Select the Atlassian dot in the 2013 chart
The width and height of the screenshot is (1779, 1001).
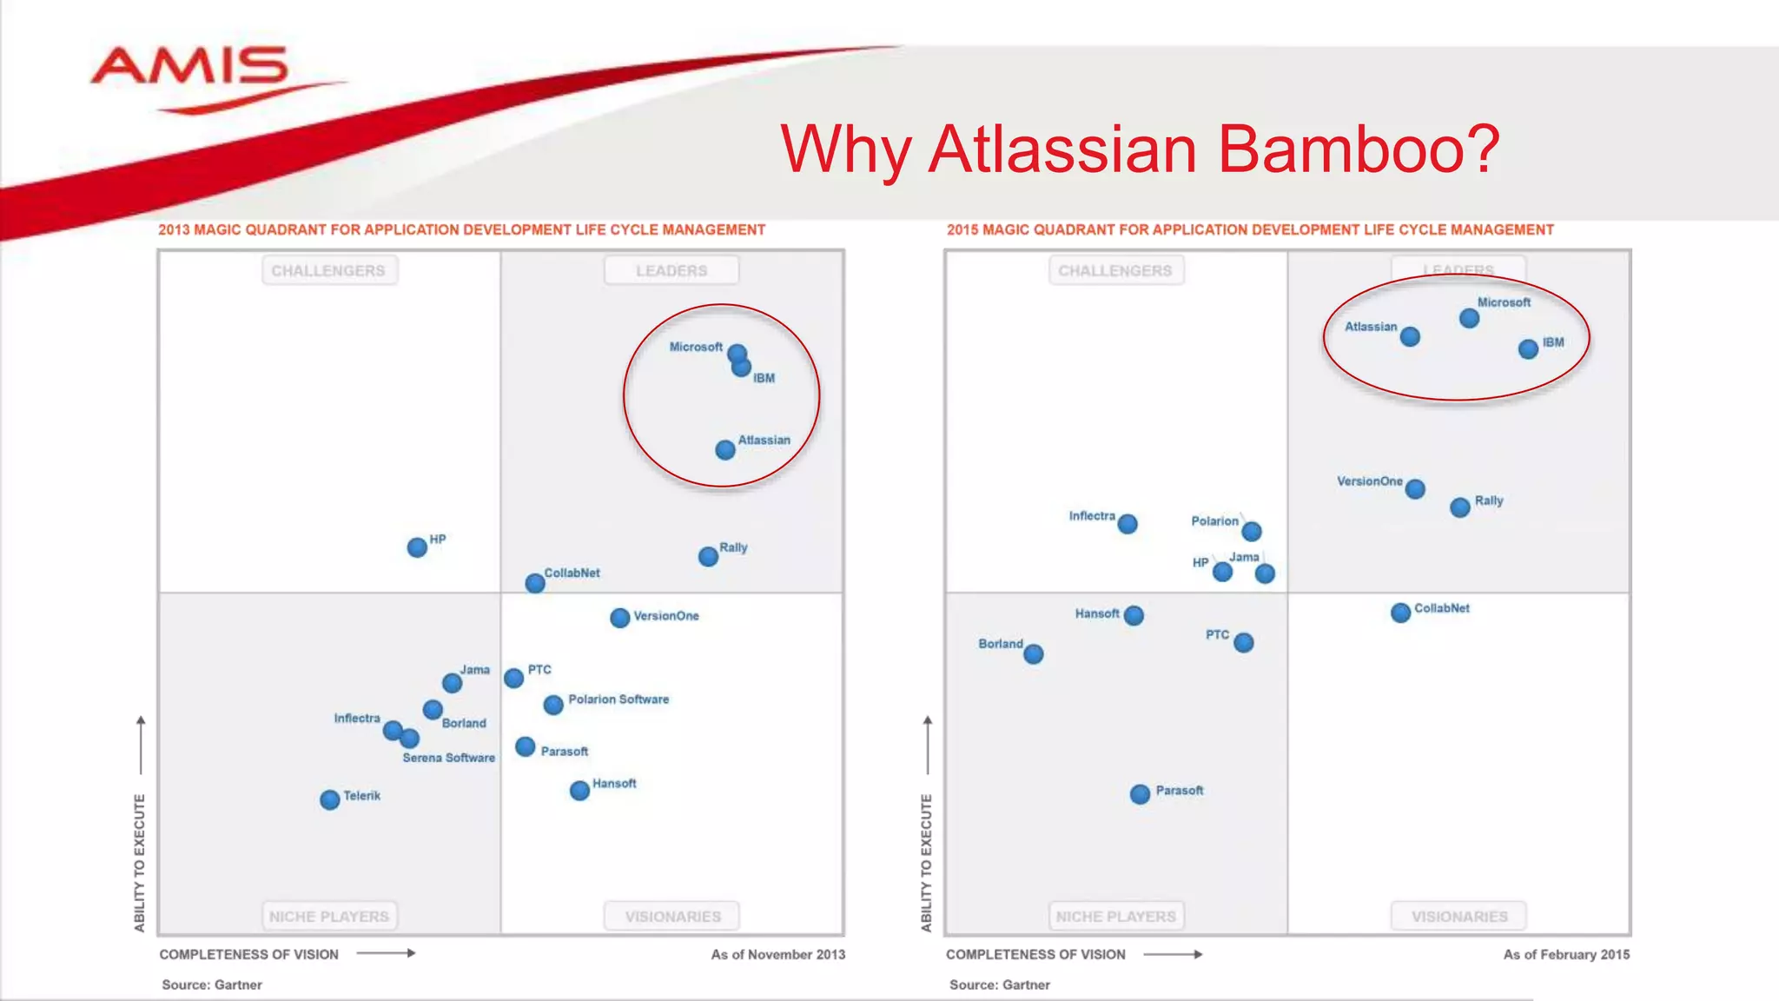pyautogui.click(x=725, y=450)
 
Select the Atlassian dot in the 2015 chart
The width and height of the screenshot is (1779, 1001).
pyautogui.click(x=1410, y=337)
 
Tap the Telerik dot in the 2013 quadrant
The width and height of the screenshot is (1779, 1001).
pyautogui.click(x=330, y=799)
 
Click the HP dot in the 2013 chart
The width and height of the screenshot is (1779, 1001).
pyautogui.click(x=417, y=547)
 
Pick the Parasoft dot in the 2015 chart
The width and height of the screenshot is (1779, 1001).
pyautogui.click(x=1140, y=794)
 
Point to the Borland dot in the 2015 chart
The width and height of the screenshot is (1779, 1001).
pyautogui.click(x=1033, y=654)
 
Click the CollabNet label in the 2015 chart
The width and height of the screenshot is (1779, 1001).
pyautogui.click(x=1442, y=608)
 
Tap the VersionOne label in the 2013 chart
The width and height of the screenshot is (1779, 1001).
pyautogui.click(x=666, y=616)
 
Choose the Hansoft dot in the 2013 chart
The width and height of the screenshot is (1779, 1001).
pyautogui.click(x=579, y=791)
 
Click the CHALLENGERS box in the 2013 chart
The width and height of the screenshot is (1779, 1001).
pyautogui.click(x=328, y=271)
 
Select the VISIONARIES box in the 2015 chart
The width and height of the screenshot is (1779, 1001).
pyautogui.click(x=1459, y=917)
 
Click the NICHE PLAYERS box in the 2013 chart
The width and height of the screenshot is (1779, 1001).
pyautogui.click(x=329, y=917)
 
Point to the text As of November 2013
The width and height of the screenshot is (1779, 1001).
pyautogui.click(x=777, y=954)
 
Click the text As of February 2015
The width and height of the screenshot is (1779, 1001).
pyautogui.click(x=1566, y=954)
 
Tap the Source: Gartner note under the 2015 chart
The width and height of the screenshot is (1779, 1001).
pyautogui.click(x=999, y=984)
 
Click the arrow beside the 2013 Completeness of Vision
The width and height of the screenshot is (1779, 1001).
pyautogui.click(x=387, y=953)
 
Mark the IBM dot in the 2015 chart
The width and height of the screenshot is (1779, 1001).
pyautogui.click(x=1528, y=349)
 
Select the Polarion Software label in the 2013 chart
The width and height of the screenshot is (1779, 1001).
pyautogui.click(x=618, y=699)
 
